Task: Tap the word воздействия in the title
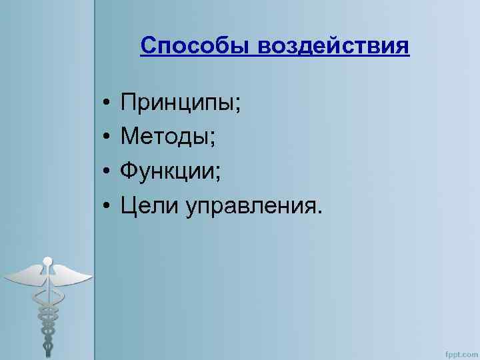pyautogui.click(x=333, y=47)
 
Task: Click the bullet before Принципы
pyautogui.click(x=106, y=105)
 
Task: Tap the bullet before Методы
pyautogui.click(x=106, y=140)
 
